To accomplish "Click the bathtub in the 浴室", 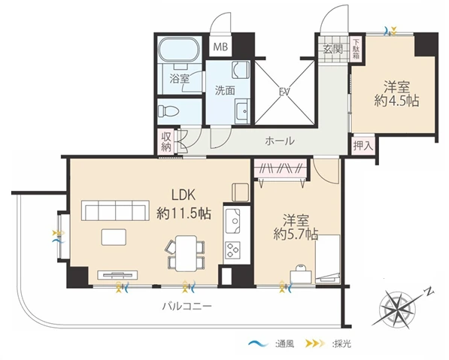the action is pos(180,50).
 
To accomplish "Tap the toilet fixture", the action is pos(168,110).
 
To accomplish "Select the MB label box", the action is pos(220,47).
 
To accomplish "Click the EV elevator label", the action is pos(285,92).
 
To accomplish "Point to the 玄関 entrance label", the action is pos(333,49).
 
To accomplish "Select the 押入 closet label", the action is pos(363,146).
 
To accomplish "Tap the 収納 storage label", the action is pos(166,141).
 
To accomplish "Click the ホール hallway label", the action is pos(280,141).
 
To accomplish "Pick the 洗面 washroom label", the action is pos(225,91).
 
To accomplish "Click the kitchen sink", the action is pos(232,221).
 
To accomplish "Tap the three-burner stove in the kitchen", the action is pos(232,250).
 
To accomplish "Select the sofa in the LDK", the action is pos(115,210).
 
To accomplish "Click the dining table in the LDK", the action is pos(186,253).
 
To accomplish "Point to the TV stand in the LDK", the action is pos(117,275).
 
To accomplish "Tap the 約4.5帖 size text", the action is pos(396,101).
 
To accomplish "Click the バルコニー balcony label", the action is pos(187,307).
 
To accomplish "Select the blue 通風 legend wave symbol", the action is pos(258,343).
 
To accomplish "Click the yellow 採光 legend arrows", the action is pos(316,343).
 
